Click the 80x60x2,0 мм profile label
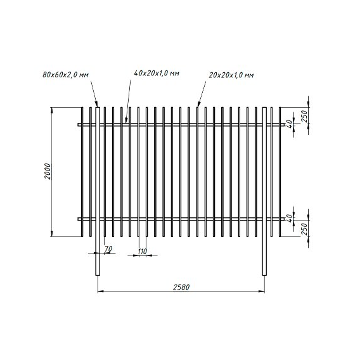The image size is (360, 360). tap(66, 75)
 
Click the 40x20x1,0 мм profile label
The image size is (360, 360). tap(157, 74)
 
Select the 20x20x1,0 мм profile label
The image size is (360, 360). tap(231, 75)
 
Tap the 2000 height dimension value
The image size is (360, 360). tap(48, 171)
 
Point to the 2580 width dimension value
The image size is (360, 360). tap(181, 287)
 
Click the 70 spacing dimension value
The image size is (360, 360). tap(108, 248)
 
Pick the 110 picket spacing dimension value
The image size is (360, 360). tap(143, 252)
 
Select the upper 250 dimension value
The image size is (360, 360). tap(304, 116)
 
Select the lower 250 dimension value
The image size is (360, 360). tap(304, 229)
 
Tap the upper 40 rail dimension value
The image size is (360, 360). tap(290, 124)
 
